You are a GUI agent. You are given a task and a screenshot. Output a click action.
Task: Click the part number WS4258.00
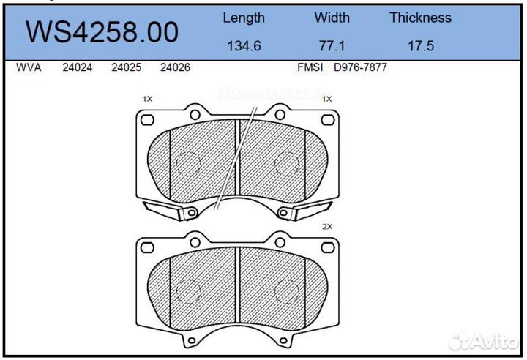point(102,32)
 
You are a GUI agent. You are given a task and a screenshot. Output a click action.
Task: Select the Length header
point(244,18)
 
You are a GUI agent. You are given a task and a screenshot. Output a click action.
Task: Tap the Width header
point(332,18)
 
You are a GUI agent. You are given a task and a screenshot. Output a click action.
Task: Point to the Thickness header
point(420,18)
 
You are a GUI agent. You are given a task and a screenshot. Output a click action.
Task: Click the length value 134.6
point(244,45)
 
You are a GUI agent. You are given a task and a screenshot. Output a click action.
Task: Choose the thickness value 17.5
point(420,45)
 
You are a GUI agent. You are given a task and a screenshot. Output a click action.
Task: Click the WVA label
point(29,67)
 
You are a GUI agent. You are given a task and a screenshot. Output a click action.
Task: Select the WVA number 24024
point(77,67)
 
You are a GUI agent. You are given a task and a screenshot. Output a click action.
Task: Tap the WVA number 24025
point(126,67)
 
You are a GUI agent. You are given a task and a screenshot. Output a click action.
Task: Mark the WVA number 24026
point(175,67)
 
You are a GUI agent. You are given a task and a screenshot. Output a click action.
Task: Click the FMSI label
point(310,67)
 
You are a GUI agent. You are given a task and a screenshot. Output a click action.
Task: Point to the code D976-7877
point(360,67)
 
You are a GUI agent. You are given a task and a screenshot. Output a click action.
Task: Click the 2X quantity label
point(327,227)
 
